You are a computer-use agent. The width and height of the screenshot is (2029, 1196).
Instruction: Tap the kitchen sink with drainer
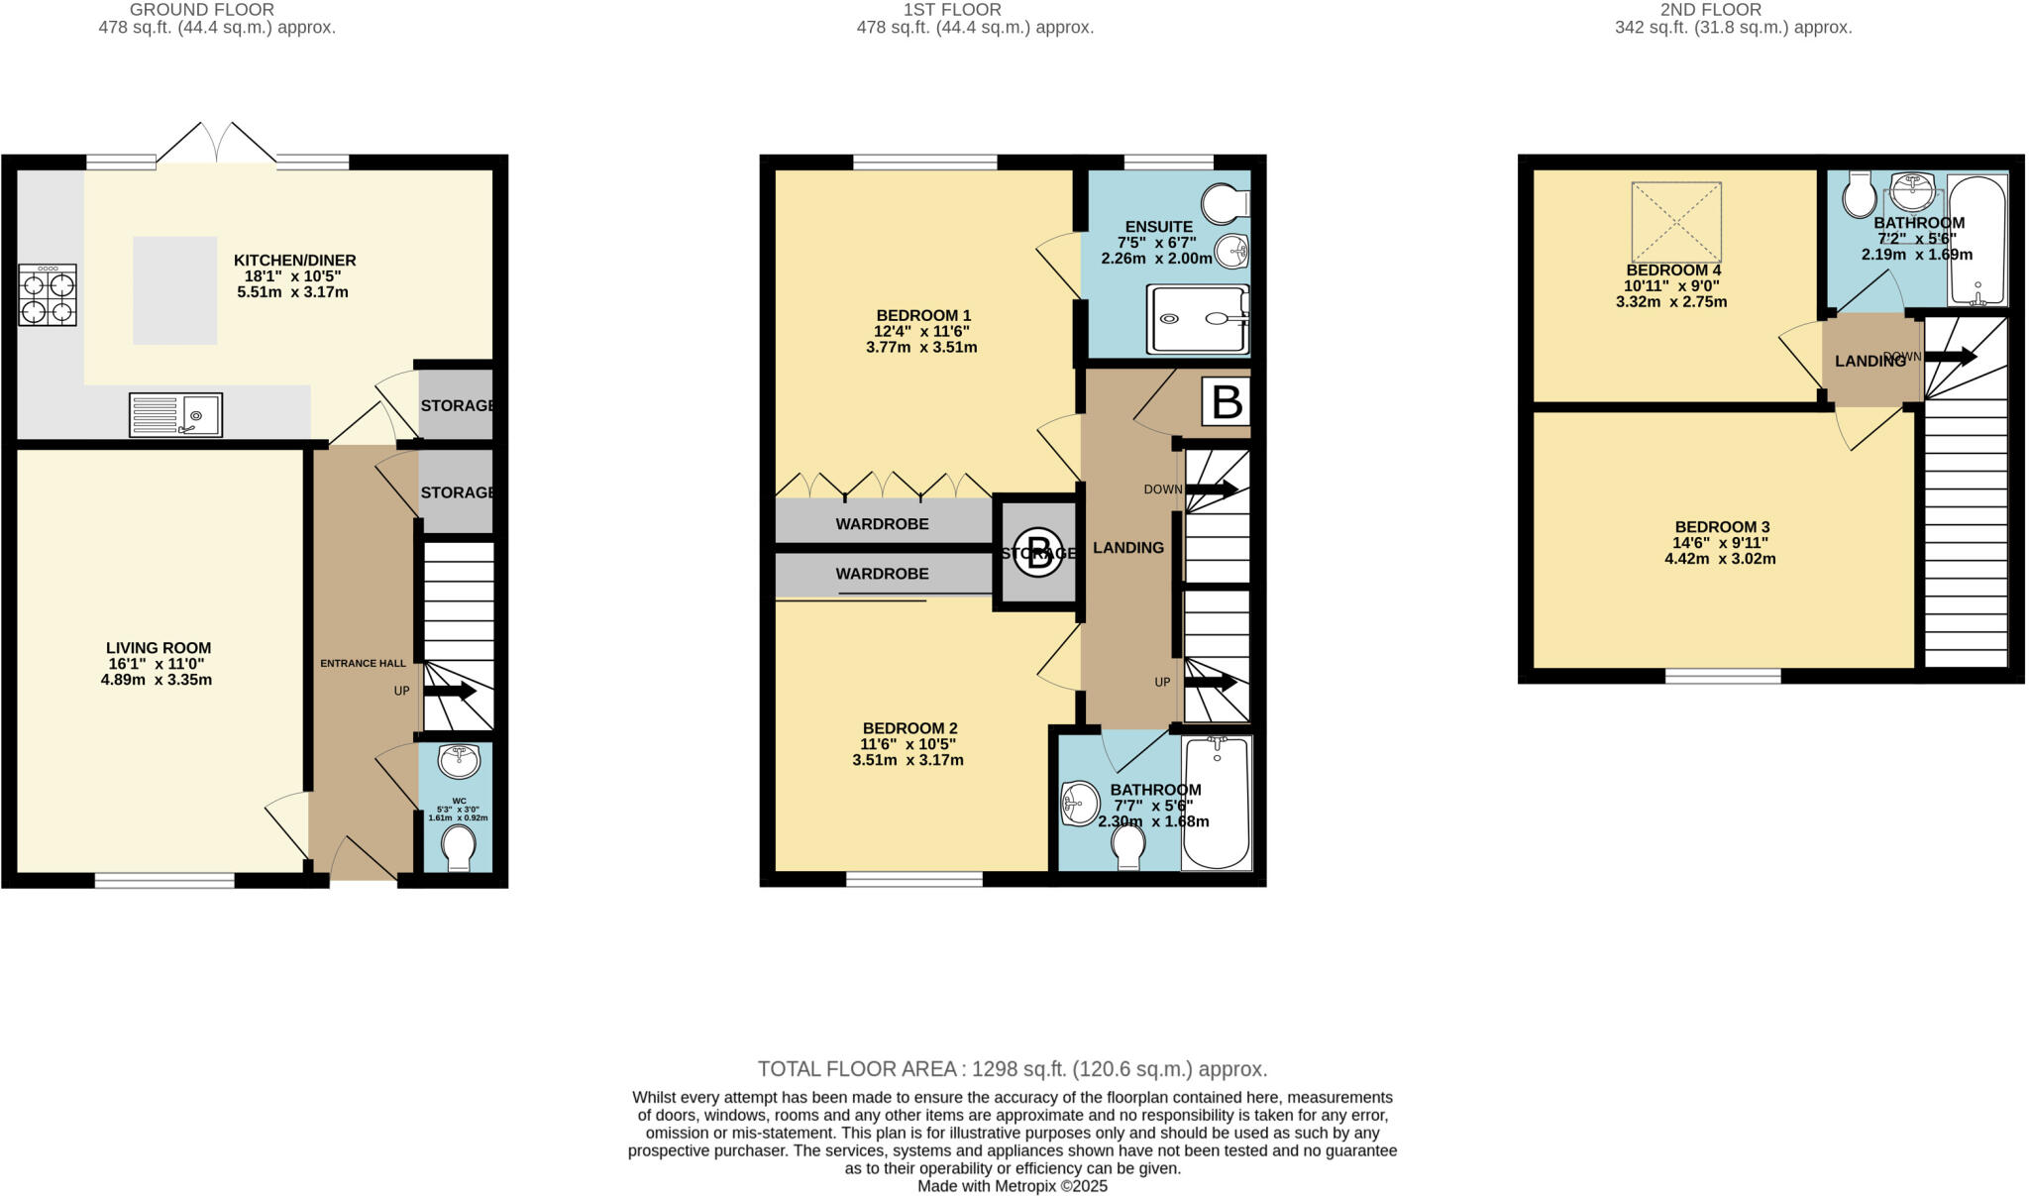(x=175, y=414)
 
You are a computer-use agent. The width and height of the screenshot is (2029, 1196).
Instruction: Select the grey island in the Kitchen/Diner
(x=174, y=290)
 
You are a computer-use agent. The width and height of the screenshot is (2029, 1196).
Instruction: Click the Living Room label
(x=159, y=648)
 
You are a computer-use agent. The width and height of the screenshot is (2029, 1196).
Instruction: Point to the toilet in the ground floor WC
(x=458, y=848)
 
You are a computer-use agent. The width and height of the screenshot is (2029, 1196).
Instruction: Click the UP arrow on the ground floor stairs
(x=451, y=691)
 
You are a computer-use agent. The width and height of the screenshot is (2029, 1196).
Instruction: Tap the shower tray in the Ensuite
(x=1198, y=319)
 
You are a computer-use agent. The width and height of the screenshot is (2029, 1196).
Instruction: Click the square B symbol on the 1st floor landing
(x=1227, y=402)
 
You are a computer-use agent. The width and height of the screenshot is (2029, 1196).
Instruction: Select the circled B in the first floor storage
(x=1037, y=552)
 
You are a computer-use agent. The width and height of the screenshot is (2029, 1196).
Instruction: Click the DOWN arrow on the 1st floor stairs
(x=1211, y=489)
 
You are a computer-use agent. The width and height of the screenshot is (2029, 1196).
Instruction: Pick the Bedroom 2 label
(x=908, y=727)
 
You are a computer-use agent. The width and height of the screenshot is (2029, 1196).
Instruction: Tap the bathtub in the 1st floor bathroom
(x=1217, y=805)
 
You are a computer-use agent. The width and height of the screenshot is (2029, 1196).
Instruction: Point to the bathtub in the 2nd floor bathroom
(x=1977, y=240)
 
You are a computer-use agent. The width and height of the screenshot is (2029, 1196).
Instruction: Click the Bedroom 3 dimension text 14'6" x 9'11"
(x=1721, y=543)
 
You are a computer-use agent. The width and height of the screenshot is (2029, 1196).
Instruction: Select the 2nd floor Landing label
(x=1869, y=362)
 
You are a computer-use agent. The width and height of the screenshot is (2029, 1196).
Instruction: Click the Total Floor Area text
(x=1012, y=1069)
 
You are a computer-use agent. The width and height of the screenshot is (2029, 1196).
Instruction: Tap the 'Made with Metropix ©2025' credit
(x=1012, y=1186)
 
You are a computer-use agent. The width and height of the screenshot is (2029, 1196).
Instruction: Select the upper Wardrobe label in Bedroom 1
(x=882, y=524)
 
